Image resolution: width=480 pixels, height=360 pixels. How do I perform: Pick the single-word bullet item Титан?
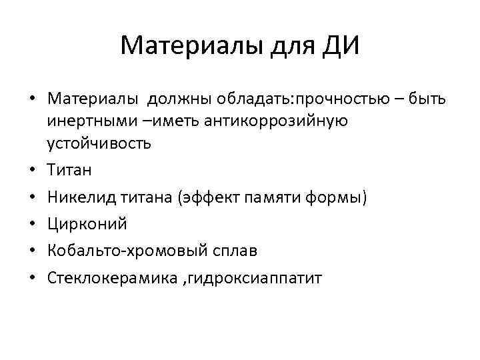tap(70, 170)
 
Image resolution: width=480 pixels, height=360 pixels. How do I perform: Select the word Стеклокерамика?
tap(101, 278)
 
